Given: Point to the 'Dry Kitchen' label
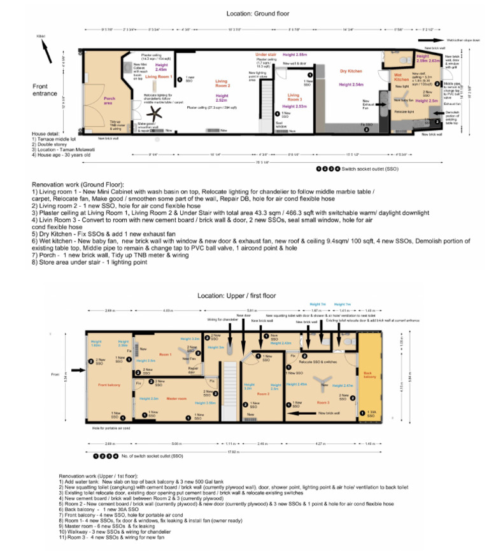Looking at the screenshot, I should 351,71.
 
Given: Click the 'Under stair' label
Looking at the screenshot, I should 266,55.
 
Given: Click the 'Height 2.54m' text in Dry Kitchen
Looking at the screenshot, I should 351,84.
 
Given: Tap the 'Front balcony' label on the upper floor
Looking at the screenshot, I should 110,385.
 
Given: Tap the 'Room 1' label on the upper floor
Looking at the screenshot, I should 166,354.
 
